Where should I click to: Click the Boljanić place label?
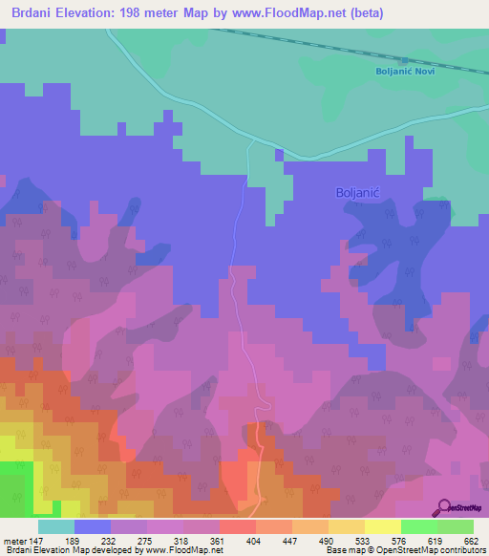pos(359,192)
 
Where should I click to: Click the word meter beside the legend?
pos(14,541)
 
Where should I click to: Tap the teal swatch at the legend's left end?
pos(56,526)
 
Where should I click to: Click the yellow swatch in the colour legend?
pos(383,526)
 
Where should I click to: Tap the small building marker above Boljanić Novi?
pos(406,60)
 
